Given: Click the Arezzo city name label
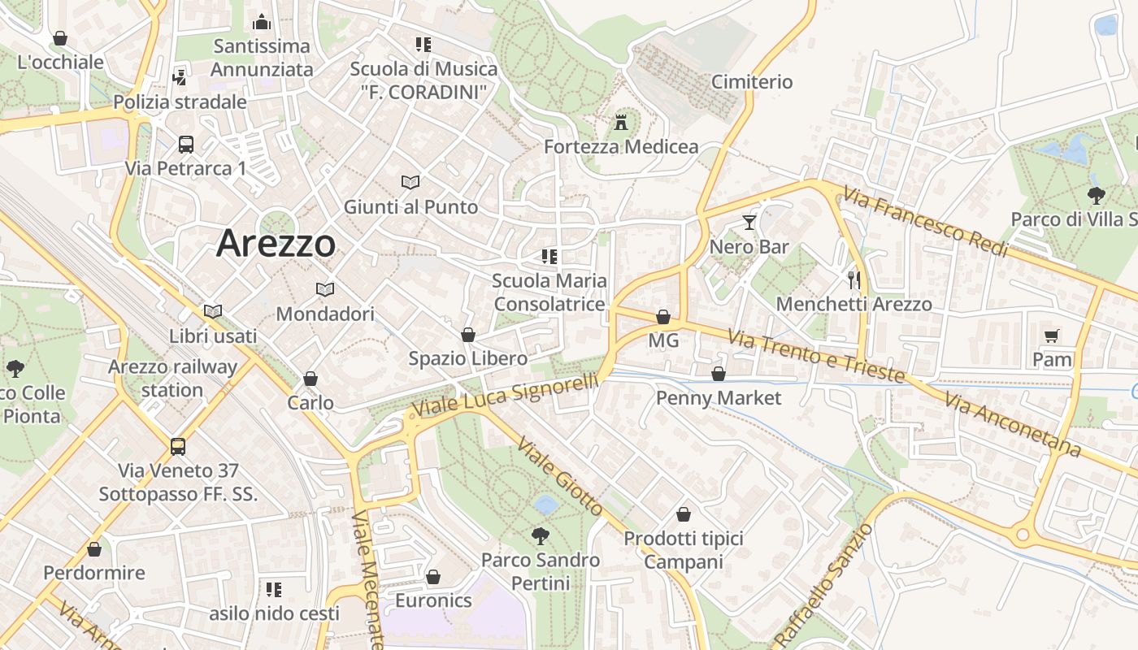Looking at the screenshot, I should [276, 243].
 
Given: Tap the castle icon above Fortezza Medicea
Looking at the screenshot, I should [622, 123].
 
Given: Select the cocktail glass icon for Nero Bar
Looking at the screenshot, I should [749, 222].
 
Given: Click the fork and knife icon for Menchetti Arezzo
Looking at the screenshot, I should [853, 280].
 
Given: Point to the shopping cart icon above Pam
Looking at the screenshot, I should [1052, 335].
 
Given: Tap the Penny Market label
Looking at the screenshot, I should [719, 398].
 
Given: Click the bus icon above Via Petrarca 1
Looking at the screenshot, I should [186, 145].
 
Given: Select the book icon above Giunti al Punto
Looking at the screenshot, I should [410, 183].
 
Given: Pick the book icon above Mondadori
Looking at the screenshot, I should [325, 289].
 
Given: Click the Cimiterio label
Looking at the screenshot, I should [752, 82].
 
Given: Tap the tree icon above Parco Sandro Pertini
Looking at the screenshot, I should [539, 536].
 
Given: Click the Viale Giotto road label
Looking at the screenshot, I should [560, 479].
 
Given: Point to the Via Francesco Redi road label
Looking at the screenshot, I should [925, 221].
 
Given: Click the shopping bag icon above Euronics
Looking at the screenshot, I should [433, 577].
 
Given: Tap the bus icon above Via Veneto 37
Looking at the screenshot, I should [178, 446].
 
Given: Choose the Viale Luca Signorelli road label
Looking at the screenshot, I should [506, 393].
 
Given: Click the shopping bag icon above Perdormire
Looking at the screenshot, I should [94, 549].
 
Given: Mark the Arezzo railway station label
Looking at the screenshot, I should [172, 378].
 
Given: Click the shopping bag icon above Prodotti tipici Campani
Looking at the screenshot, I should [684, 514].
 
